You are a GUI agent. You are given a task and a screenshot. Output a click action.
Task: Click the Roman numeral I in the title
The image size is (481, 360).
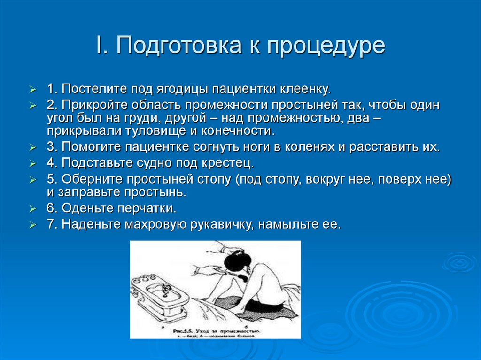pyautogui.click(x=100, y=46)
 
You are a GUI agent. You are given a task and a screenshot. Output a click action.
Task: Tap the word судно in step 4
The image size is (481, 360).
pyautogui.click(x=153, y=163)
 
